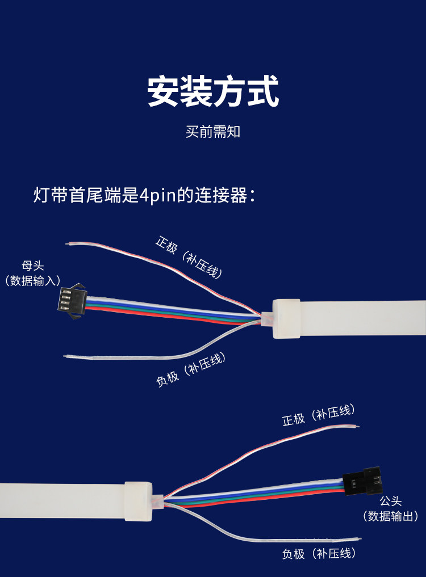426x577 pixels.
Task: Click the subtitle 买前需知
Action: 213,132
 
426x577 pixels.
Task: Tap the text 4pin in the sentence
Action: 161,196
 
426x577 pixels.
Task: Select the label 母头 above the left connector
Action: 32,266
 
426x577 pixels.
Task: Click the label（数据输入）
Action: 32,281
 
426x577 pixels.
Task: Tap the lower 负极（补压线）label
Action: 319,554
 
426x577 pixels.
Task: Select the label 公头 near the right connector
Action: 390,502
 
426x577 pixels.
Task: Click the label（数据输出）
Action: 390,516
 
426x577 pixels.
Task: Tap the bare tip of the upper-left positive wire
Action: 68,245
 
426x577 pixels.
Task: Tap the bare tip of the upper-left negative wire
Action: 65,356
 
